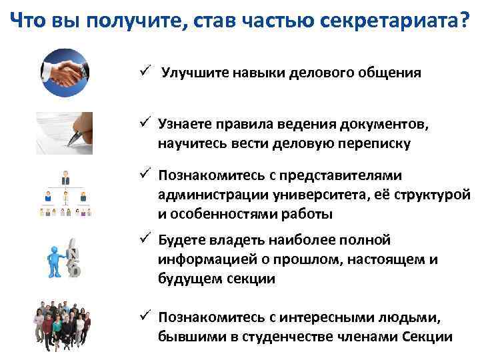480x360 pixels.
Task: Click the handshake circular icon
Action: tap(65, 72)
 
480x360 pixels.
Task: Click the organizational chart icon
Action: tap(64, 193)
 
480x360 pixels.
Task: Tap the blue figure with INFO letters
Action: tap(65, 257)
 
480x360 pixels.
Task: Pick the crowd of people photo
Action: tap(64, 323)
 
